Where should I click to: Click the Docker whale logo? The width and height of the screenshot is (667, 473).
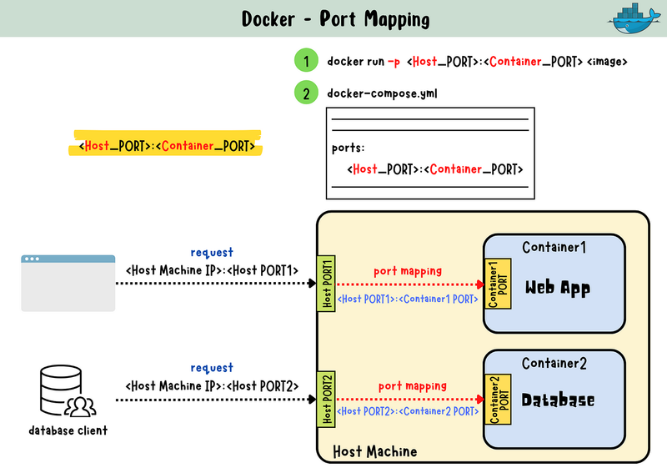tap(634, 19)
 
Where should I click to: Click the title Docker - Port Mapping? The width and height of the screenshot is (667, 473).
tap(335, 18)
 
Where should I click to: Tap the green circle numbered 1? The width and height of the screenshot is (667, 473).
tap(307, 61)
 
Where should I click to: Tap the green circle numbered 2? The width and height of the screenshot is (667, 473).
tap(307, 93)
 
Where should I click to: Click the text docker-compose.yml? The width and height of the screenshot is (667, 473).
tap(382, 93)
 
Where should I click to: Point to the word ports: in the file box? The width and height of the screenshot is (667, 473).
tap(349, 148)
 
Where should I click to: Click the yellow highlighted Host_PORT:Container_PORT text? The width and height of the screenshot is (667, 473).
tap(167, 145)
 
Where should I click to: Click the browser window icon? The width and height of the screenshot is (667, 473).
tap(68, 283)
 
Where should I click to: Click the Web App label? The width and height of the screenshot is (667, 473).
tap(557, 289)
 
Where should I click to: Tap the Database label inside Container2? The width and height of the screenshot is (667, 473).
tap(558, 400)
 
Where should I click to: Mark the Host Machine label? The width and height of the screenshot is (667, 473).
tap(374, 451)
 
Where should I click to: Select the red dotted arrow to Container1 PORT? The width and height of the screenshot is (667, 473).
tap(409, 284)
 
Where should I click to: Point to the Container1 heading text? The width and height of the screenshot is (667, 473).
tap(554, 247)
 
